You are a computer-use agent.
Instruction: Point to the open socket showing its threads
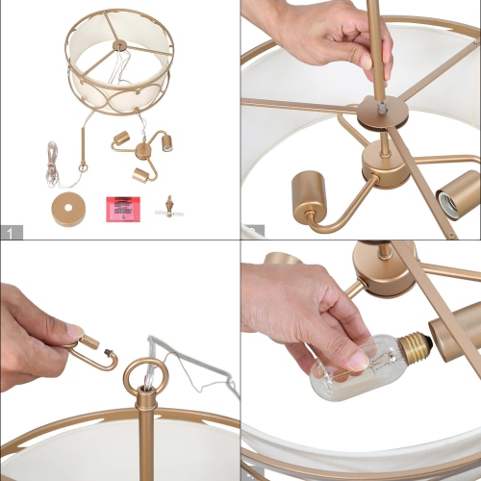[458, 197]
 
